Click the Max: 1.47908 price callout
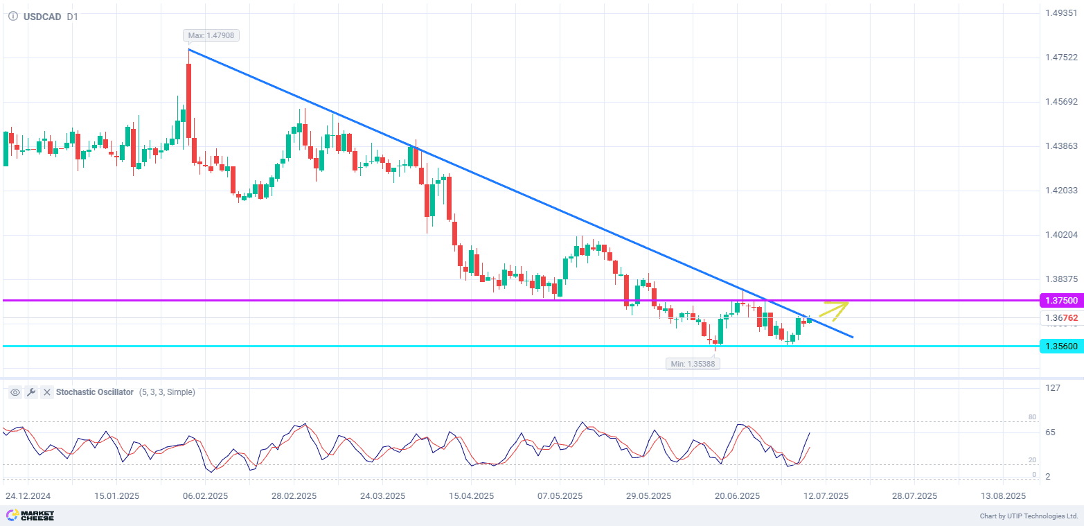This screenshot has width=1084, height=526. (x=212, y=35)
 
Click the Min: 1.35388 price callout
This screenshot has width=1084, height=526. (x=693, y=363)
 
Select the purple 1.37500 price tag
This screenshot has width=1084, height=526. (x=1060, y=300)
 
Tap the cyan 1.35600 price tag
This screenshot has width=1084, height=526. (x=1060, y=346)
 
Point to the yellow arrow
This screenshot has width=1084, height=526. (x=835, y=310)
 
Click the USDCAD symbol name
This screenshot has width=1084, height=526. (x=42, y=16)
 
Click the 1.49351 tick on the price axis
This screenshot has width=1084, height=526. (x=1060, y=12)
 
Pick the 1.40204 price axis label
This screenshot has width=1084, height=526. (x=1060, y=234)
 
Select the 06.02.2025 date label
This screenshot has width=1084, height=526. (x=205, y=496)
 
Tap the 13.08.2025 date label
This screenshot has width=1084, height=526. (x=1003, y=496)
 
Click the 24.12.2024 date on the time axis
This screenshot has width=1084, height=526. (x=28, y=496)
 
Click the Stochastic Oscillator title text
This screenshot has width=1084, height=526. (x=95, y=392)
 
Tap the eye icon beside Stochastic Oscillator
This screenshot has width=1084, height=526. (x=15, y=392)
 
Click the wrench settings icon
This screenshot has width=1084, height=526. (x=30, y=392)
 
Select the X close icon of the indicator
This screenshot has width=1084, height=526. (x=46, y=392)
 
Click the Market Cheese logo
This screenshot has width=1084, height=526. (x=30, y=516)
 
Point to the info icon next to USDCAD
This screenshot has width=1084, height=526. (x=12, y=16)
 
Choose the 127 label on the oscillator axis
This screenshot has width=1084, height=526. (x=1053, y=387)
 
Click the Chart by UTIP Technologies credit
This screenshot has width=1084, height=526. (x=1029, y=516)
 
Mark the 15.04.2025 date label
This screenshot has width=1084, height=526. (x=471, y=496)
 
